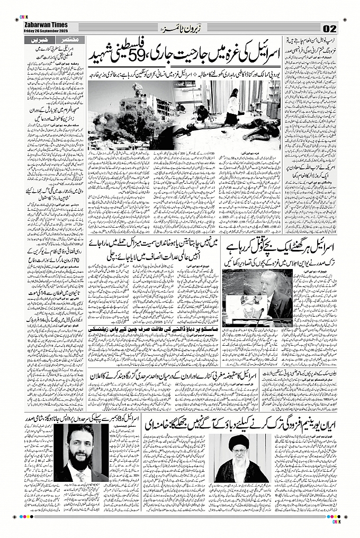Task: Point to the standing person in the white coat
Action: (x=232, y=106)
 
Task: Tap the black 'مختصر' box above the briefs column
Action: (x=75, y=40)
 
